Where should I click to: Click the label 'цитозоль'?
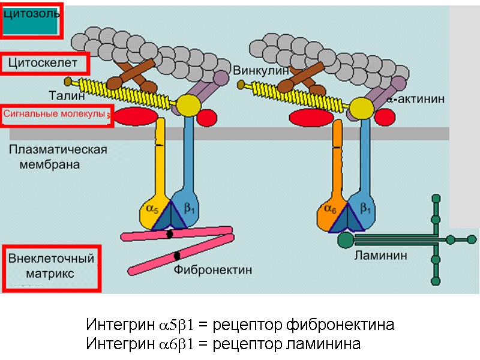pos(31,14)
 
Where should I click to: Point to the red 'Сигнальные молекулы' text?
pos(55,113)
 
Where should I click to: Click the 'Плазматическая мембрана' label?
pos(58,156)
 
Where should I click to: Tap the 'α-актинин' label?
pos(415,100)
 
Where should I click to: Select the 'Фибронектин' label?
pos(213,271)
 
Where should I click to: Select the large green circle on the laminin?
pos(345,240)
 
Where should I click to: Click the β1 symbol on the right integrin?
pos(365,210)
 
